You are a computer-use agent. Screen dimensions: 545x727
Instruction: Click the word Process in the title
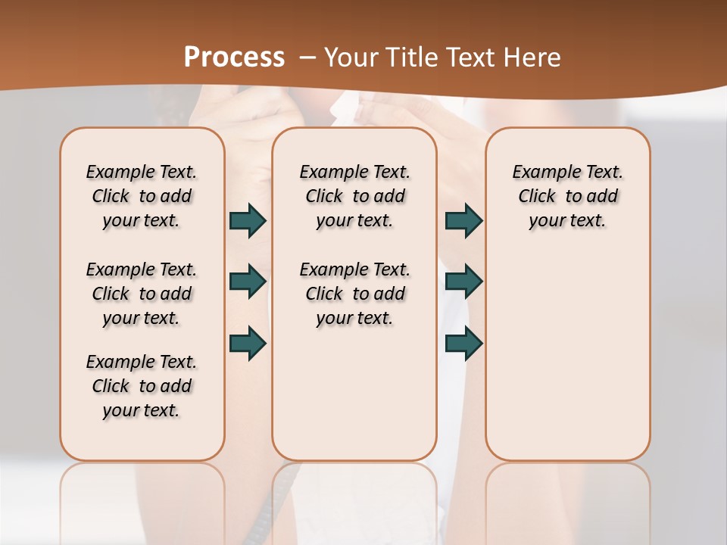[234, 57]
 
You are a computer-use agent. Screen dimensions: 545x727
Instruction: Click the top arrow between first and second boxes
[248, 221]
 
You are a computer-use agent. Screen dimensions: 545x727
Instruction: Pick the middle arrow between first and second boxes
[248, 282]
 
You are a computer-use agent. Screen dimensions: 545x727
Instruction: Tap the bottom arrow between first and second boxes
[248, 343]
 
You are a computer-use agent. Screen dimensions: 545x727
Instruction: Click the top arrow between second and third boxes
[463, 221]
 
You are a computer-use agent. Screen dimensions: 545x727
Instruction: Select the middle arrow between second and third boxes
[463, 282]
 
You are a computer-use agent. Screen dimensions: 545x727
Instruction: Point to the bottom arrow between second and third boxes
[463, 343]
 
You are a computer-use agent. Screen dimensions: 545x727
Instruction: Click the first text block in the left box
[142, 196]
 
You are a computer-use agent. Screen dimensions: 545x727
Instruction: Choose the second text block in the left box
[142, 294]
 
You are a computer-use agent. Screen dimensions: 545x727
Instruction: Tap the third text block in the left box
[142, 386]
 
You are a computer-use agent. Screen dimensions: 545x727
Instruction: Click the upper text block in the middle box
[354, 196]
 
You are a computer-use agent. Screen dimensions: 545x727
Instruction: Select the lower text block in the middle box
[354, 294]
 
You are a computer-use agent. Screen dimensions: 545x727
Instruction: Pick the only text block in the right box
[567, 196]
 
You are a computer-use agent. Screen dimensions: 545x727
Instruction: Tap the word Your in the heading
[351, 57]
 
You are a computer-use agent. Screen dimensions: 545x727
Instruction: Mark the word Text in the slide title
[470, 57]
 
